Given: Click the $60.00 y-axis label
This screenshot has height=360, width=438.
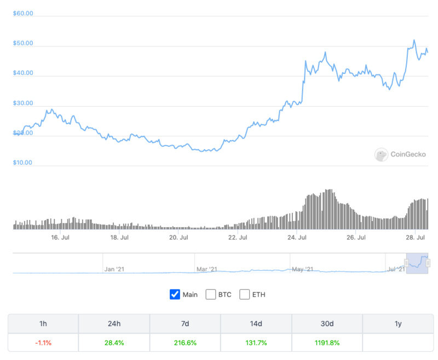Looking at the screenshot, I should coord(23,13).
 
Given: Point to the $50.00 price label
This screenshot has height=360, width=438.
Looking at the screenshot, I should coord(23,43).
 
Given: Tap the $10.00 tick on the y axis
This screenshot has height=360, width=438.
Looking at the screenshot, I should coord(23,162).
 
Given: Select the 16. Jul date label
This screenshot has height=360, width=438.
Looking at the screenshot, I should coord(60,237).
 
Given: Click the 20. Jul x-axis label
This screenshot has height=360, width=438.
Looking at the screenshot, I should coord(178,237).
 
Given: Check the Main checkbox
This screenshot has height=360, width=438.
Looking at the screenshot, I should coord(175,294).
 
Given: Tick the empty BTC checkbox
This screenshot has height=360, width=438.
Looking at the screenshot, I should coord(211,294).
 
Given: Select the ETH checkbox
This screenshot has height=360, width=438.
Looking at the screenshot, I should coord(245,294).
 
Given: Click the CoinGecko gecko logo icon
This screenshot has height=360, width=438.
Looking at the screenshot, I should coord(381,155).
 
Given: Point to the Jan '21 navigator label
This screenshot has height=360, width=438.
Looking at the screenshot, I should coord(114,269).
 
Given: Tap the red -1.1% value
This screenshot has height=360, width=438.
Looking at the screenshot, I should coord(43,342).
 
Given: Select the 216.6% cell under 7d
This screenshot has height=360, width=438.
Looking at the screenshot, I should coord(185,342).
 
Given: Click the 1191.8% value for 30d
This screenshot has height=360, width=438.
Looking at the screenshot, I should coord(327,342).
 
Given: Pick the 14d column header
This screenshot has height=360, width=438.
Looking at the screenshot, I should coord(256,324).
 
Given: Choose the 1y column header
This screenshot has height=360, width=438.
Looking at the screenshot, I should coord(398,324).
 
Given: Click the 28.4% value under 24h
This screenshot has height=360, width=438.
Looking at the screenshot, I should coord(114,342).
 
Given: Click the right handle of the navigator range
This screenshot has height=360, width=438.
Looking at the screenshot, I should coord(428,263).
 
